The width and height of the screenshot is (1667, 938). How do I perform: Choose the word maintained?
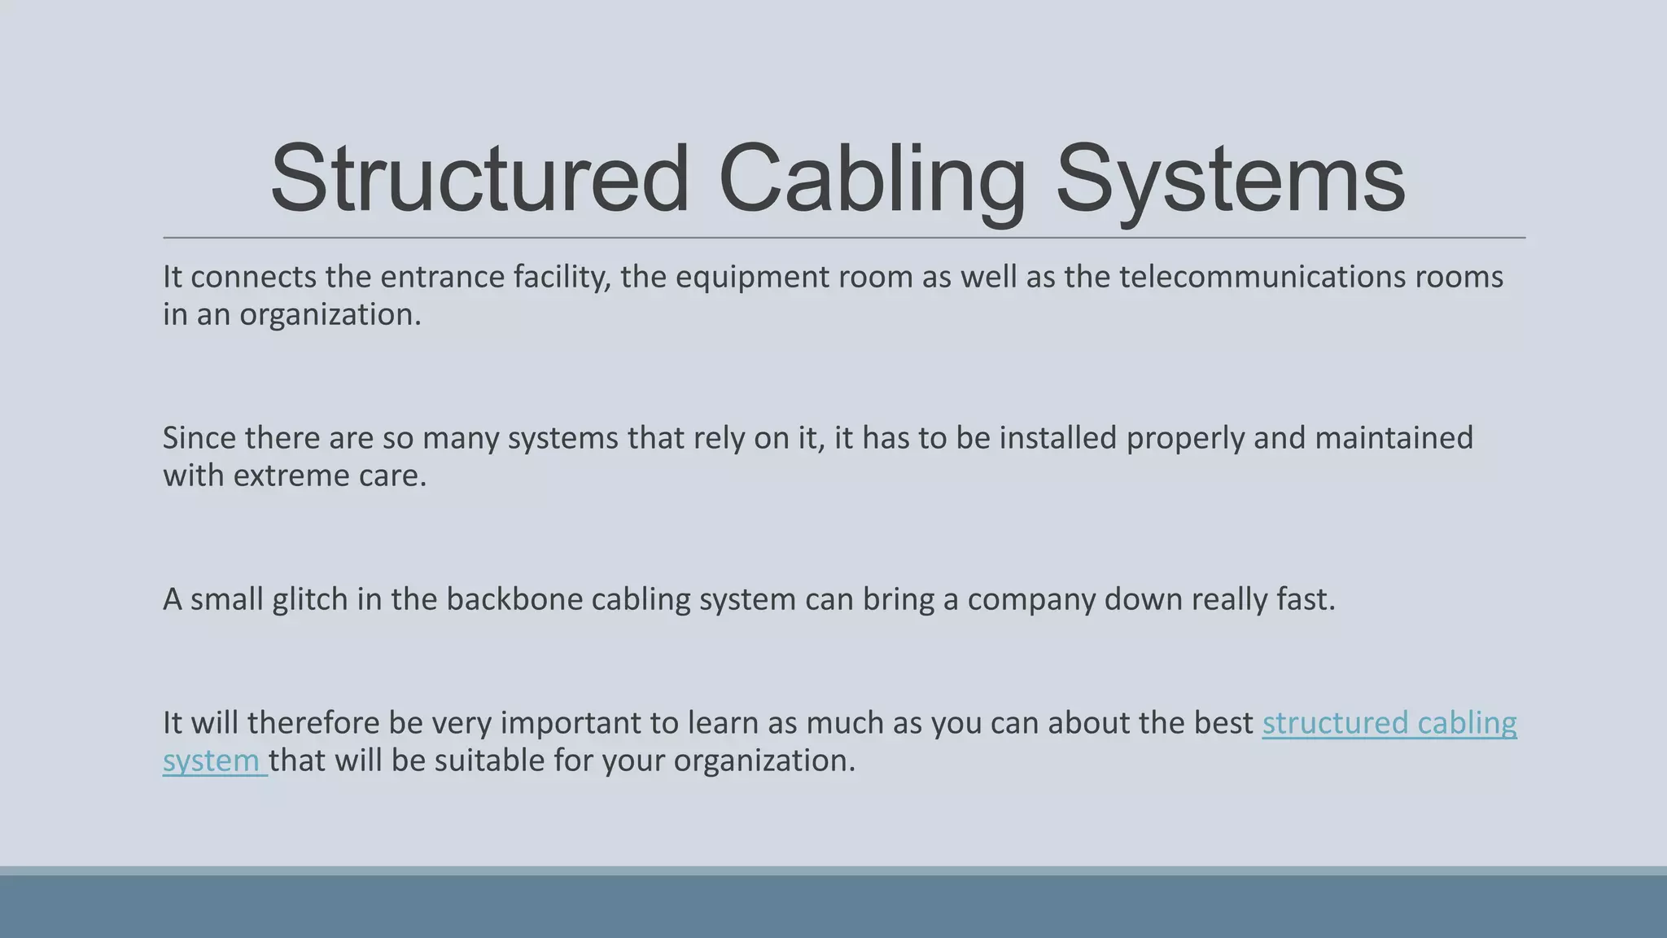pyautogui.click(x=1394, y=438)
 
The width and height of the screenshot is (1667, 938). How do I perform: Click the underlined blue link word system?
pyautogui.click(x=211, y=760)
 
